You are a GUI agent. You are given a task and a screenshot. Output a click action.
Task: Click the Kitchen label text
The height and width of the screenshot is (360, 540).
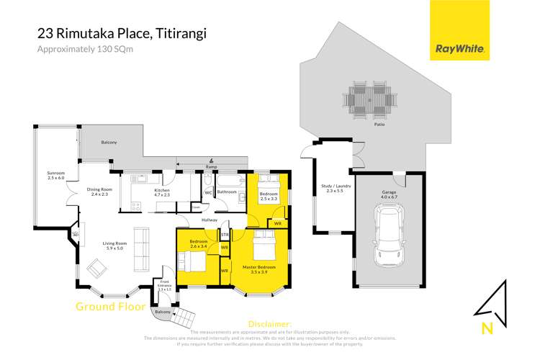tap(161, 192)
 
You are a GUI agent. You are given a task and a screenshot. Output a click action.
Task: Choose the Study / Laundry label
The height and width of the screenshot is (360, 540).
tap(333, 189)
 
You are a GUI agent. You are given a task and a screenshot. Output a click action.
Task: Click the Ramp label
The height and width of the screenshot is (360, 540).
tap(211, 167)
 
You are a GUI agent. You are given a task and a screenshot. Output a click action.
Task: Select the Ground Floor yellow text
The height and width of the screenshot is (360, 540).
tap(107, 307)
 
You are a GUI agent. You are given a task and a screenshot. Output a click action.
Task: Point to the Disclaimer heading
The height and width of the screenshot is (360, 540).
tap(269, 325)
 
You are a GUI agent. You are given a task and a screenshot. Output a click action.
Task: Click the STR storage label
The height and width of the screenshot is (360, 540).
tap(225, 235)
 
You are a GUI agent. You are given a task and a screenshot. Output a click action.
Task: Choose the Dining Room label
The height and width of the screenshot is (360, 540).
tap(98, 192)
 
